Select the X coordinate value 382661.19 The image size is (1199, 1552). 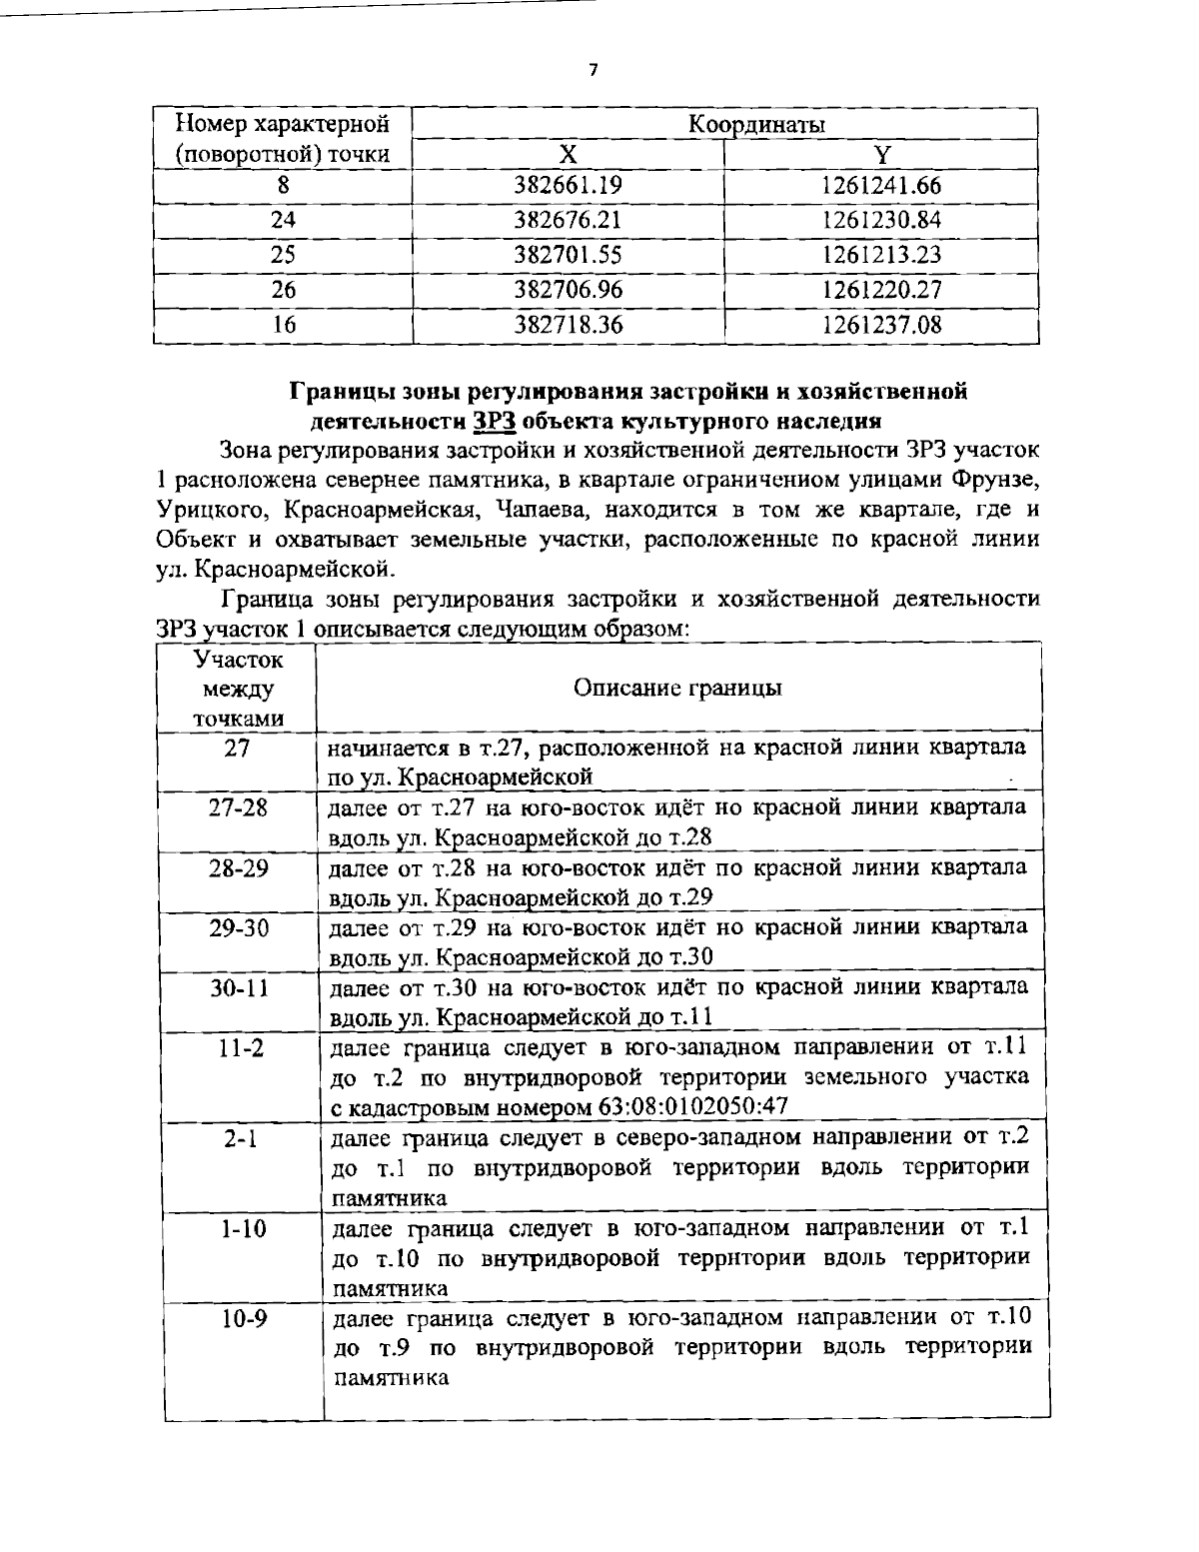coord(568,186)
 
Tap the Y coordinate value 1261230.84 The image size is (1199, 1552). coord(881,220)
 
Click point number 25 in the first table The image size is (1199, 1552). coord(284,255)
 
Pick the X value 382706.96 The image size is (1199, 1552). coord(568,290)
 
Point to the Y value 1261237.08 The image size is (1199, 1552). coord(881,325)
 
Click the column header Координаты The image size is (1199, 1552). coord(756,125)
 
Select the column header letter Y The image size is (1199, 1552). coord(881,154)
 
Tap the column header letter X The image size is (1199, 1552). coord(568,154)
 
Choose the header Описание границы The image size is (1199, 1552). coord(678,688)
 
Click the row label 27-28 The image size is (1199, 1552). coord(238,807)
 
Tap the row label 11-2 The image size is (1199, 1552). coord(238,1047)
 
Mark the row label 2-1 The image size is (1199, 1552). coord(238,1137)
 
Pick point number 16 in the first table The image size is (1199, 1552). coord(284,325)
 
